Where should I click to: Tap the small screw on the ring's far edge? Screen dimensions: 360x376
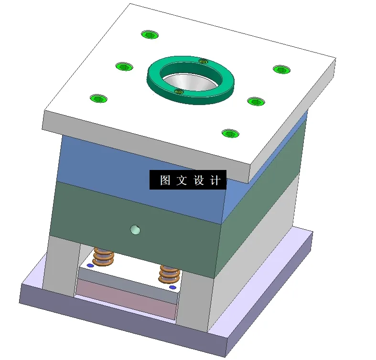click(x=203, y=61)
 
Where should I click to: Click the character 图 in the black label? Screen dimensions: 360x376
click(x=165, y=180)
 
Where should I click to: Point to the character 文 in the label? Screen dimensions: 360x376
click(x=182, y=180)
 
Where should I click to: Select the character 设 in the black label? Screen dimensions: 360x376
click(x=199, y=180)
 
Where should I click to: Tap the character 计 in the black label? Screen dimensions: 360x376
click(x=215, y=180)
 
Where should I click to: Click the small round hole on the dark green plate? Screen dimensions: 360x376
click(x=136, y=230)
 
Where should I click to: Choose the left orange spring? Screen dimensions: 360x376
click(x=104, y=256)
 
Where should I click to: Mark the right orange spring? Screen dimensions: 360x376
click(x=169, y=274)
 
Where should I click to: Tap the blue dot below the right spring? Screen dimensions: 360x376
click(x=173, y=287)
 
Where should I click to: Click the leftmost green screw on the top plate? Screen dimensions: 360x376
click(x=98, y=98)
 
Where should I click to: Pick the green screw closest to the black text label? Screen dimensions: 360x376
click(x=230, y=133)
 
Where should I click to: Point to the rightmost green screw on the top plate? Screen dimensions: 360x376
click(x=281, y=69)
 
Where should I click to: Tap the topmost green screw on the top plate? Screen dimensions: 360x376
click(x=150, y=34)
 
